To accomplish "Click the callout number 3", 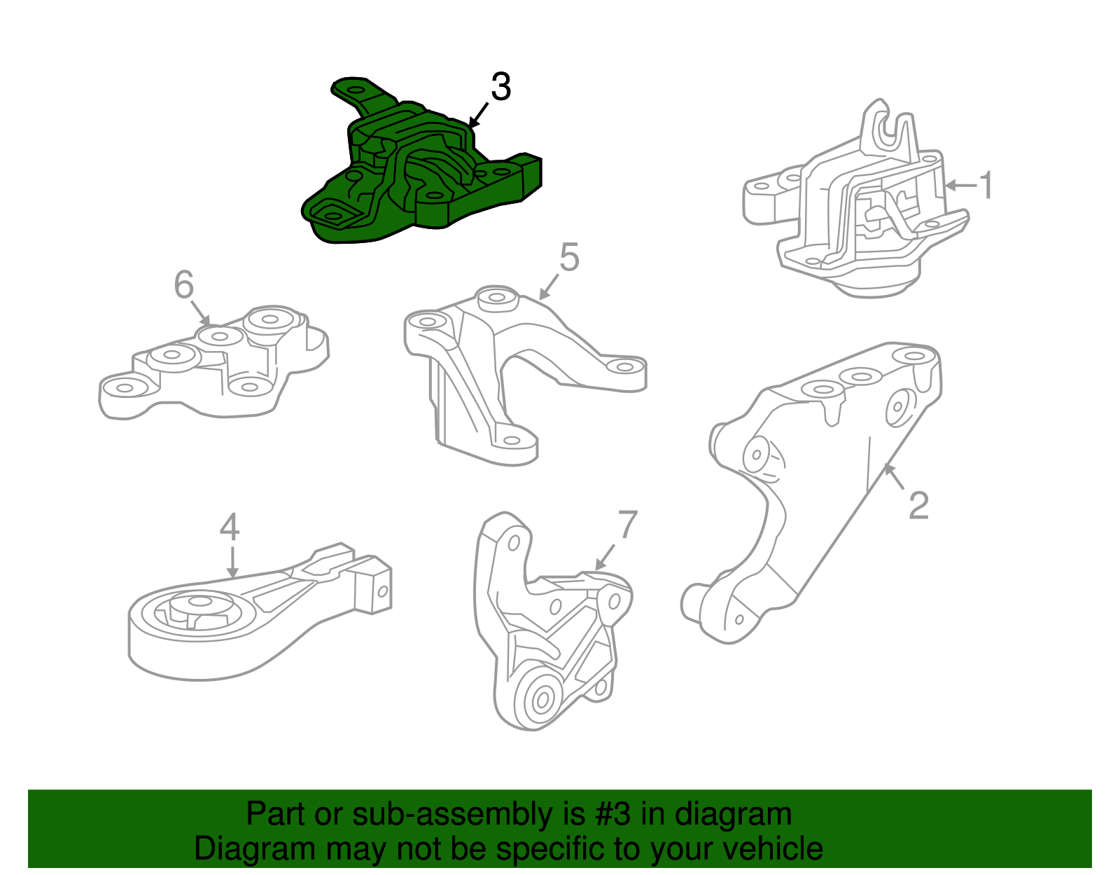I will (x=500, y=87).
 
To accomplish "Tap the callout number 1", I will (x=986, y=186).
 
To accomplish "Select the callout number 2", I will (x=918, y=505).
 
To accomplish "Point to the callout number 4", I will (x=230, y=527).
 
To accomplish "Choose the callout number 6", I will (x=183, y=285).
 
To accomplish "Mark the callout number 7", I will (x=628, y=525).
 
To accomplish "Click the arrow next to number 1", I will (x=960, y=186).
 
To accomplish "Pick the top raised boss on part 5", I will (x=496, y=298).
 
